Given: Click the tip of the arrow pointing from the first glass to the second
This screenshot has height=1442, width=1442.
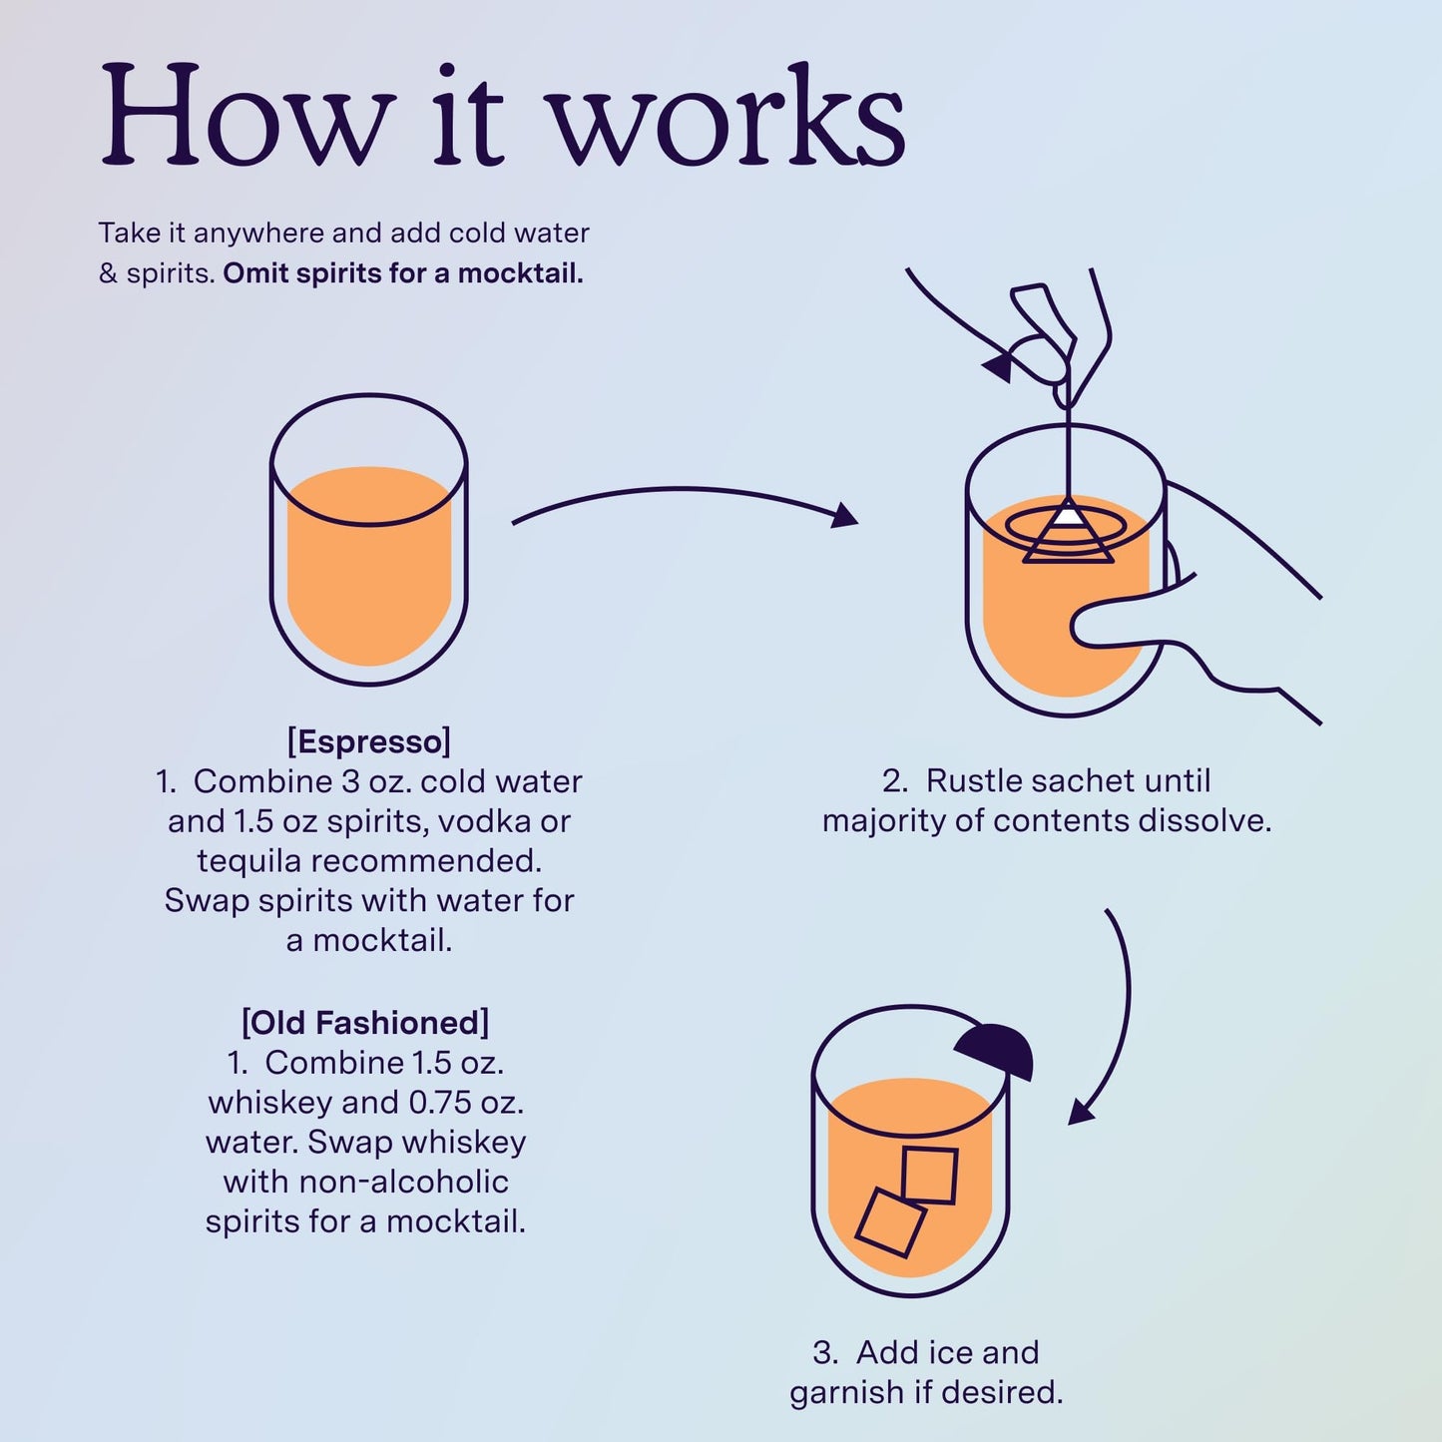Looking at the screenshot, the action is coord(857,521).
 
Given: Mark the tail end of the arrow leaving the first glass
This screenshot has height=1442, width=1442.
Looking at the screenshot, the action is coord(513,523).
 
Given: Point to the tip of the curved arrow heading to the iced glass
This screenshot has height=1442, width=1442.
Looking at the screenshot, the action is coord(1070,1124).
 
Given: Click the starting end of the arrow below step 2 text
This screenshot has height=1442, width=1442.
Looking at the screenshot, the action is coord(1106,911).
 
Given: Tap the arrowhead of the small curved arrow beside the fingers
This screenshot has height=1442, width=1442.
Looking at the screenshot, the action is coord(983,366).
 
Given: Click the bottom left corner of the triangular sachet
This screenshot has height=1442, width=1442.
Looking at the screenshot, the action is coord(1024,561).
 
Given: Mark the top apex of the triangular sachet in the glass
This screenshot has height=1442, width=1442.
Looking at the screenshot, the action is coord(1068,497).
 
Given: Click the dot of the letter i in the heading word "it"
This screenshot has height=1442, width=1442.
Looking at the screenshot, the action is coord(447,74).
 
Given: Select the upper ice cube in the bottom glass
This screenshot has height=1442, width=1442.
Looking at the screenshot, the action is coord(929,1176).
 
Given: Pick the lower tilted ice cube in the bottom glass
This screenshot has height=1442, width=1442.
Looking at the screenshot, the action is coord(890,1222).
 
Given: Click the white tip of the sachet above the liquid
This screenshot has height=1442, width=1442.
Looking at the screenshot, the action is coord(1069,515).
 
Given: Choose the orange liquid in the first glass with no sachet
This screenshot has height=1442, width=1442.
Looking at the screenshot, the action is coord(369,566).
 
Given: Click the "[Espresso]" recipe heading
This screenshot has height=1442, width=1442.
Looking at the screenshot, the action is coord(369,741).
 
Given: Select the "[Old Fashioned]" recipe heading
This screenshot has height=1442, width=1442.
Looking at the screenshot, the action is coord(365,1022).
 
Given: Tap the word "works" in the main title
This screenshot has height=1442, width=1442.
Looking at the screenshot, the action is coord(728,115).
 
